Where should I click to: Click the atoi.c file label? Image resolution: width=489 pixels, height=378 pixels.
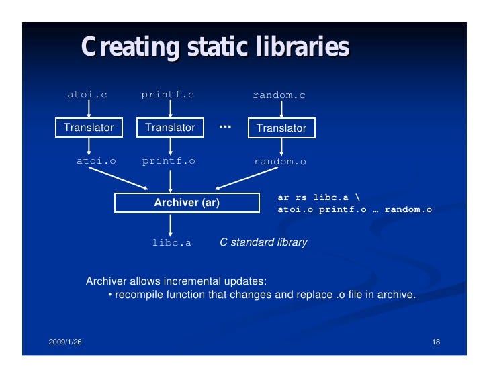coord(87,95)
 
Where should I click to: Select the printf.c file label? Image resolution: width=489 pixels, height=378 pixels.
coord(168,95)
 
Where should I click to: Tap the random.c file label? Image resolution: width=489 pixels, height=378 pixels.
coord(279,95)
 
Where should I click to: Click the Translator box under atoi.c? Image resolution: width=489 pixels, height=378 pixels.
coord(89,127)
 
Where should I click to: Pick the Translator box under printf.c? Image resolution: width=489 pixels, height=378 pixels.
coord(170,127)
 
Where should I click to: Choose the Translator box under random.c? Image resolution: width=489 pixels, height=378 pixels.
coord(281,128)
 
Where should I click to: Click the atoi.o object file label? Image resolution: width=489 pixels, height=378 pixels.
coord(96,161)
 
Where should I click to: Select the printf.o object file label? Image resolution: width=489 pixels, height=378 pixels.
coord(169,161)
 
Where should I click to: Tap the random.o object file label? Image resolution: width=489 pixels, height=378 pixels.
coord(279,162)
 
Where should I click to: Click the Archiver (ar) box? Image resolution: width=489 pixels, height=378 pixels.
coord(187,202)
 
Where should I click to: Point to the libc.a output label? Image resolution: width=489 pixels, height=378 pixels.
coord(171,242)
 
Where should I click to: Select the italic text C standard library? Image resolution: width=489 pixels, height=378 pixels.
coord(263,242)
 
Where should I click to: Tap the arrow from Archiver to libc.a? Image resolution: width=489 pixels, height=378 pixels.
coord(171,224)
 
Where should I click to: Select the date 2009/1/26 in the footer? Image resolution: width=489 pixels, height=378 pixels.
coord(66,343)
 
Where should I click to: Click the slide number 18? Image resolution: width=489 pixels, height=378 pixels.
coord(436,343)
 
